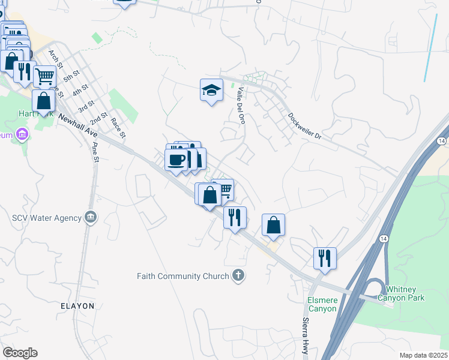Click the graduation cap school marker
click(211, 90)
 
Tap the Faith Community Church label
click(182, 277)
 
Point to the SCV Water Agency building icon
click(91, 217)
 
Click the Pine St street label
click(94, 152)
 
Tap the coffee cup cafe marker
click(176, 160)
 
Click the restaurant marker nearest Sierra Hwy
click(325, 258)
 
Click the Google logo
click(20, 352)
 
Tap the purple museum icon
click(23, 134)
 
